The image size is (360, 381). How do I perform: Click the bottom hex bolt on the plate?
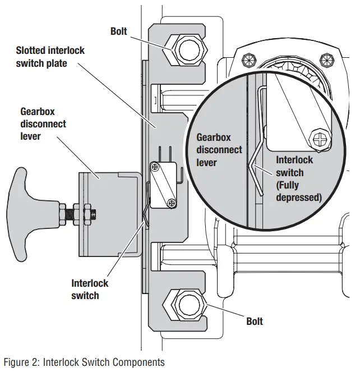184,305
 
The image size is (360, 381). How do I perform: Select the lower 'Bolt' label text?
255,322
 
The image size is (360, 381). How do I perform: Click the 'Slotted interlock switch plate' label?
50,57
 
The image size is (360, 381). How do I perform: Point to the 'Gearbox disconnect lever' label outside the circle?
43,123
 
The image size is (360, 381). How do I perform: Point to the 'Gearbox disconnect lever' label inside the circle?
219,150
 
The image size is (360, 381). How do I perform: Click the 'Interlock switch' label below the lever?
90,289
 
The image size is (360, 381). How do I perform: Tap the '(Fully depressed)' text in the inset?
298,191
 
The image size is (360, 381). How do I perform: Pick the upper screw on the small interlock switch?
155,166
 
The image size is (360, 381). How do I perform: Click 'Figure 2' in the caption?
20,362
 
